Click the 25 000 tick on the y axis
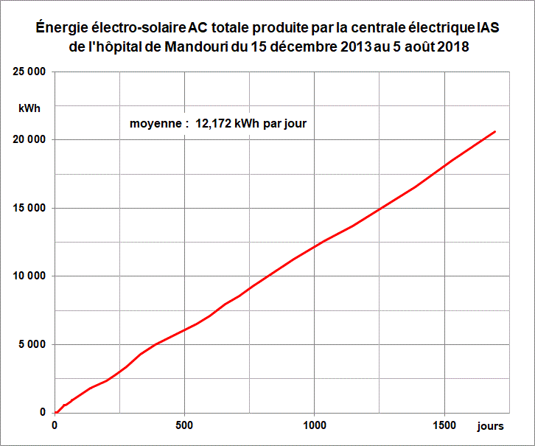pos(30,72)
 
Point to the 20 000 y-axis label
pos(30,139)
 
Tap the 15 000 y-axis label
pos(30,208)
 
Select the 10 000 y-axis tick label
pos(30,276)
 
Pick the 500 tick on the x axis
pos(184,426)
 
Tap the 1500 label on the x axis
pos(444,426)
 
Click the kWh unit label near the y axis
pos(29,108)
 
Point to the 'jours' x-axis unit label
pos(490,427)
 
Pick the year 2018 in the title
pos(453,46)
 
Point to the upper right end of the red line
pos(495,131)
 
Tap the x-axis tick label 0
pos(55,426)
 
